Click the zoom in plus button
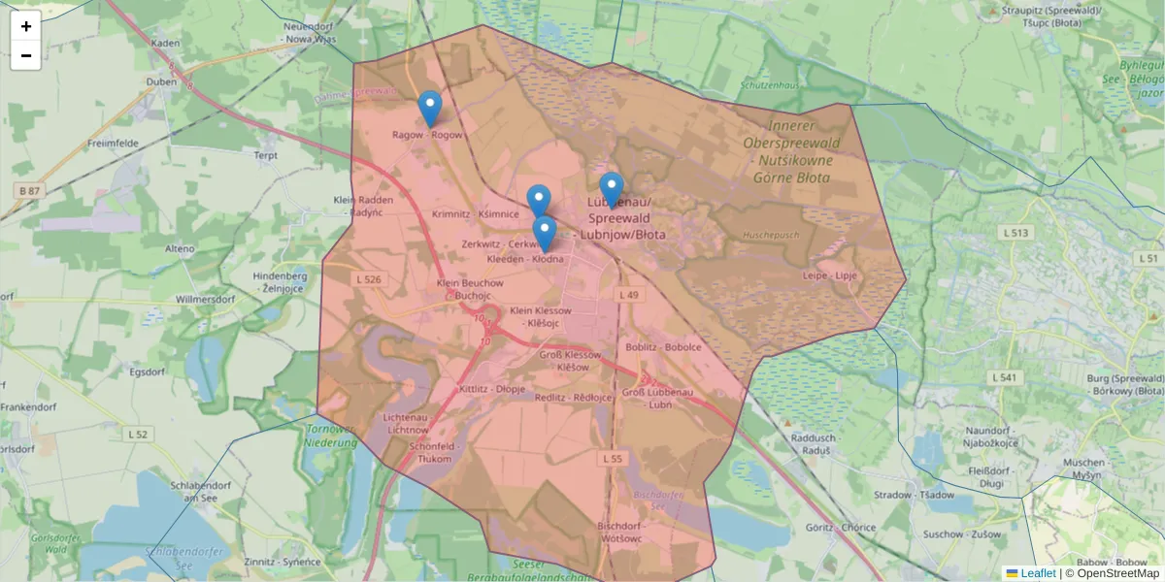pyautogui.click(x=26, y=26)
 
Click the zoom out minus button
pyautogui.click(x=26, y=55)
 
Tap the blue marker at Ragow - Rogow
pyautogui.click(x=429, y=109)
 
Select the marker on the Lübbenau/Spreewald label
pyautogui.click(x=611, y=190)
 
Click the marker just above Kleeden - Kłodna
pyautogui.click(x=545, y=234)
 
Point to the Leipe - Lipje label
pyautogui.click(x=830, y=275)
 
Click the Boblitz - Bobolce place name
pyautogui.click(x=664, y=346)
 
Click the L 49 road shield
pyautogui.click(x=630, y=294)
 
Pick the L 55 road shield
pyautogui.click(x=611, y=458)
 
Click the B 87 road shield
pyautogui.click(x=29, y=190)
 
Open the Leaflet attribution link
pyautogui.click(x=1038, y=573)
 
